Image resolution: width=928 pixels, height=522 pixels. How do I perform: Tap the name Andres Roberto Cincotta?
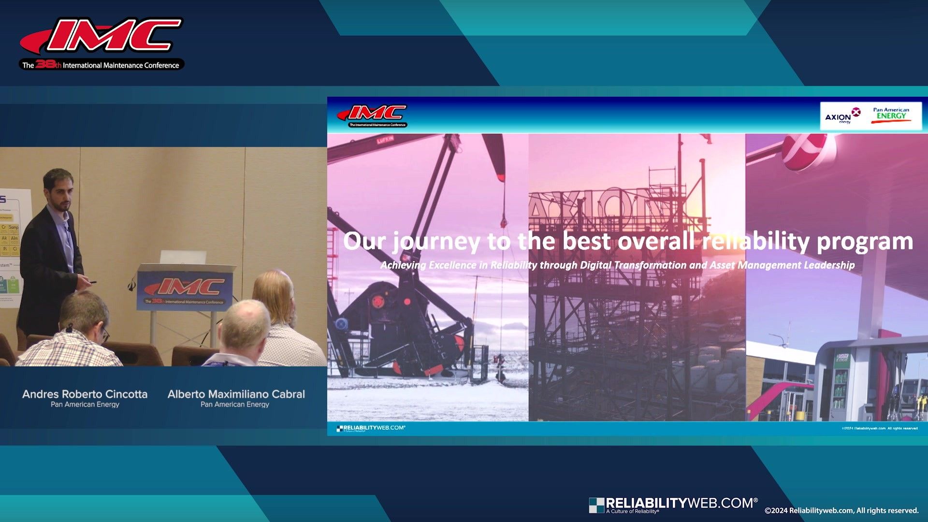click(85, 394)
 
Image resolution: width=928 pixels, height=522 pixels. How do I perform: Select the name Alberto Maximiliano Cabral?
click(236, 394)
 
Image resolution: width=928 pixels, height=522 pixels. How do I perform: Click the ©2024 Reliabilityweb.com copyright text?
click(841, 510)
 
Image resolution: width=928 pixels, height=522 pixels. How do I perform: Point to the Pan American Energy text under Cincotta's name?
click(85, 405)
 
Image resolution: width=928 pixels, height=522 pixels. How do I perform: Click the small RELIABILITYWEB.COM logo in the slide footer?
click(371, 428)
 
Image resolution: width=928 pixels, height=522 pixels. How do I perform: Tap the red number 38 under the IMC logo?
click(45, 64)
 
